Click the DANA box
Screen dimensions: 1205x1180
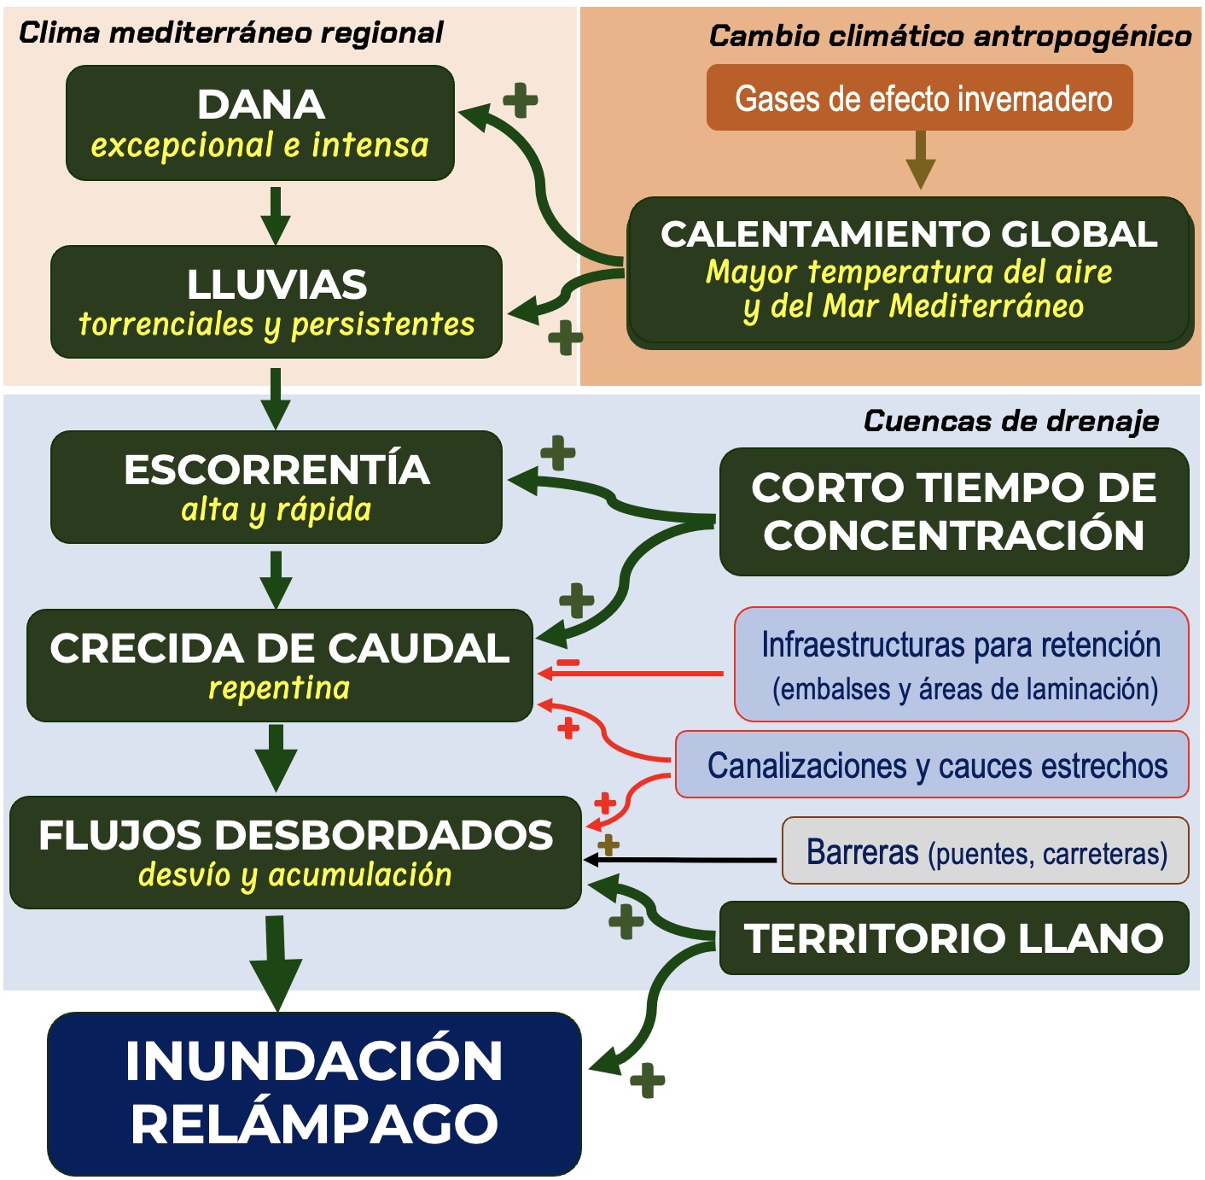click(x=260, y=123)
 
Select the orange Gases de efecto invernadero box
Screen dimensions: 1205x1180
click(x=919, y=97)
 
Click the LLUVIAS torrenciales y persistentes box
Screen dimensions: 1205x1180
click(x=277, y=301)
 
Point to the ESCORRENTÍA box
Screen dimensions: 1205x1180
click(x=277, y=487)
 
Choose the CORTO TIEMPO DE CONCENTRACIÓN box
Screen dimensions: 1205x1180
click(x=954, y=511)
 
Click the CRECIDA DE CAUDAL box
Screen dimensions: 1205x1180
click(x=280, y=665)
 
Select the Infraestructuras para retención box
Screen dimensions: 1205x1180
click(x=962, y=664)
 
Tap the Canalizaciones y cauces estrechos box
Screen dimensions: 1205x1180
click(x=933, y=764)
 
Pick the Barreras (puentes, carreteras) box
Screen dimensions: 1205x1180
click(x=986, y=850)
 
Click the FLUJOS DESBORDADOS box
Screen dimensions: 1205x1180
click(x=296, y=852)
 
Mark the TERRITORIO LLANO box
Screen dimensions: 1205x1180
click(x=954, y=938)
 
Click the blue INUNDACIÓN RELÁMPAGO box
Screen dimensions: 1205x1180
click(x=315, y=1094)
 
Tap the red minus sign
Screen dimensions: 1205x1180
click(x=568, y=663)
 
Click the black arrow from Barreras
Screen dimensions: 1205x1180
click(x=680, y=861)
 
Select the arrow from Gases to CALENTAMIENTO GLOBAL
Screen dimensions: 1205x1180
click(x=921, y=160)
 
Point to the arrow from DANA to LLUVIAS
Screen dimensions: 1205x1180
click(x=276, y=215)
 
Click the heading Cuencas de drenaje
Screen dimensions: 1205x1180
click(x=1011, y=421)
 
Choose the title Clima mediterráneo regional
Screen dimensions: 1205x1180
click(x=230, y=32)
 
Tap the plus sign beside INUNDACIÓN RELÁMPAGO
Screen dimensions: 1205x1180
click(x=647, y=1080)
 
